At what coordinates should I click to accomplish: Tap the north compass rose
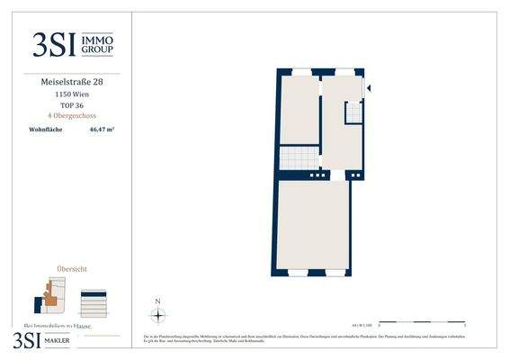157,315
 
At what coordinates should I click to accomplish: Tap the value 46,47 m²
102,130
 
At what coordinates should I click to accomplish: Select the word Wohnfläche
46,130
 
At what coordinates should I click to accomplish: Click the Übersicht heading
71,268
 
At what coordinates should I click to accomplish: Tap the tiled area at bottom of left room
298,157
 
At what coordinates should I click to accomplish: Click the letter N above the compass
157,301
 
